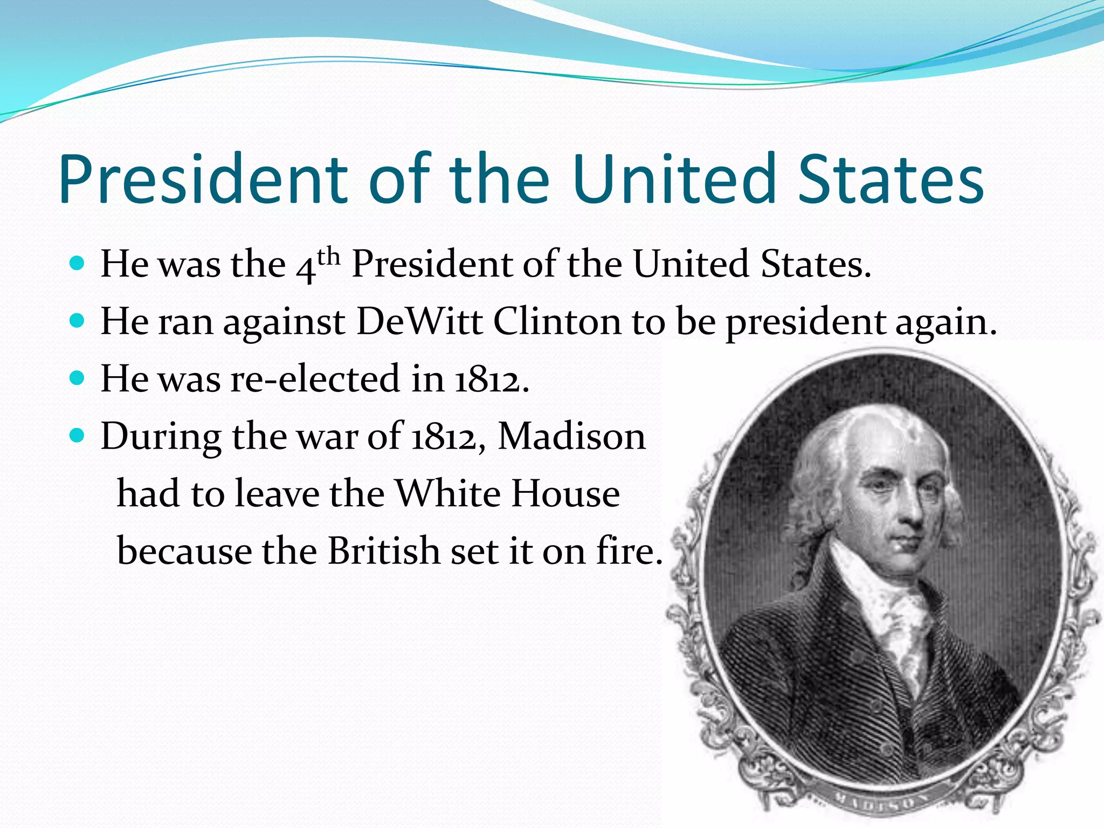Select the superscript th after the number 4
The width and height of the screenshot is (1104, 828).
point(328,257)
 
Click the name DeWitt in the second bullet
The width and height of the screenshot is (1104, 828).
point(419,322)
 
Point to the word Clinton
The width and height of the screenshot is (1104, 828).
point(557,322)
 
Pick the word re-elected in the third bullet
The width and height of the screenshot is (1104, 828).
point(316,378)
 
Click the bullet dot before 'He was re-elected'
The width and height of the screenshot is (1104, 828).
point(78,377)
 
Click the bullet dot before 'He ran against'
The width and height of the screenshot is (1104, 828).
point(78,321)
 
